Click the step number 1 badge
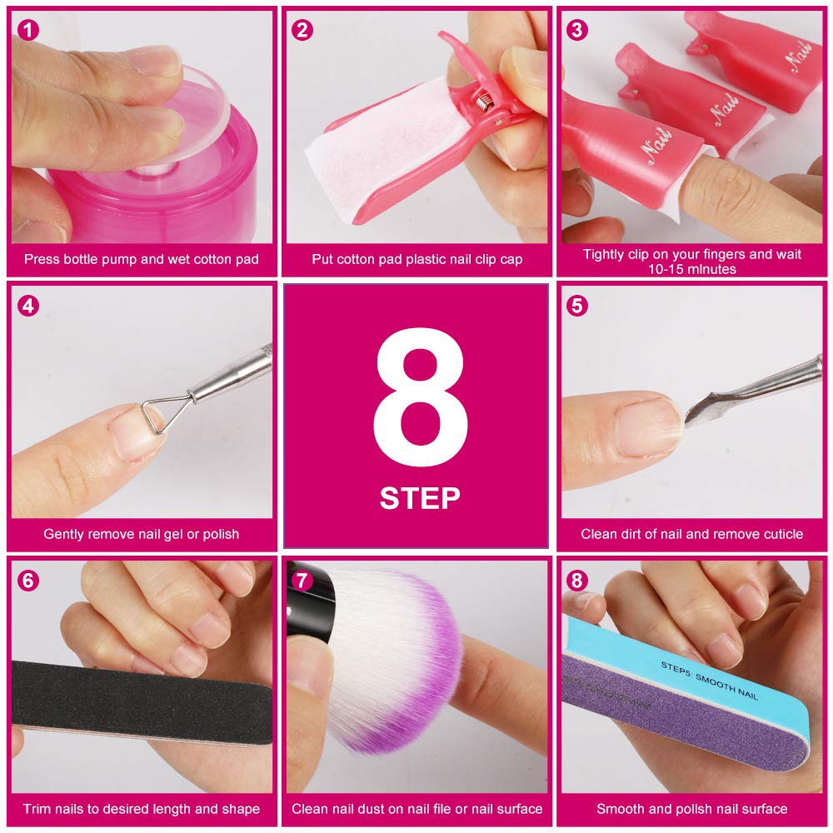pyautogui.click(x=28, y=31)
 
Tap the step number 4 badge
pyautogui.click(x=28, y=306)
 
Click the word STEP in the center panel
pyautogui.click(x=419, y=497)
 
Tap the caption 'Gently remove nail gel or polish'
pyautogui.click(x=141, y=534)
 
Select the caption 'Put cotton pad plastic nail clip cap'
pyautogui.click(x=416, y=259)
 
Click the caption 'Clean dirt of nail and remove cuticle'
pyautogui.click(x=691, y=534)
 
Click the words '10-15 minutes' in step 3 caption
pyautogui.click(x=691, y=269)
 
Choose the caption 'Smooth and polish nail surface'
pyautogui.click(x=691, y=808)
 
